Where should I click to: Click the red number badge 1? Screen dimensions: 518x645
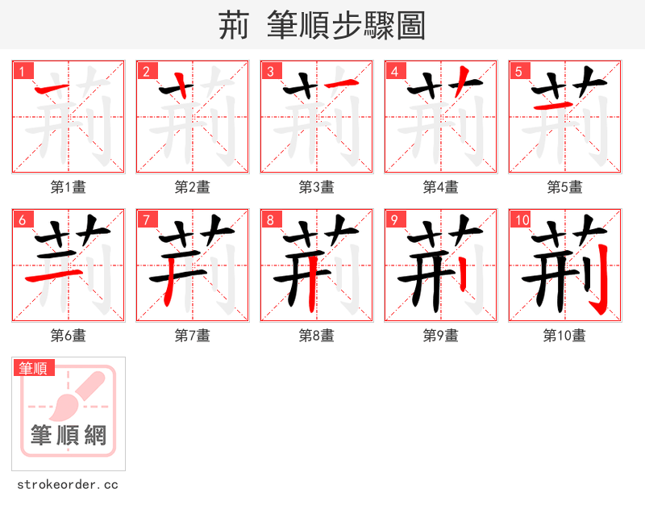[x=23, y=71]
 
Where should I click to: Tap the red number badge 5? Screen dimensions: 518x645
[x=519, y=71]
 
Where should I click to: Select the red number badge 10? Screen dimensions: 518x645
[x=522, y=219]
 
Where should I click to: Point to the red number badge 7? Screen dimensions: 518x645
[x=147, y=219]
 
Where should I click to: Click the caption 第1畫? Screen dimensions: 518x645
[x=69, y=187]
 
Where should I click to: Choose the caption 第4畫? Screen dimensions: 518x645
[x=441, y=187]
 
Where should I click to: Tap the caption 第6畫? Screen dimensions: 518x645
[x=69, y=336]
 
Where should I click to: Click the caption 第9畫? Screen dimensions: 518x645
[x=441, y=336]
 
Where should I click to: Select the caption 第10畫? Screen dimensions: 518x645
[x=564, y=336]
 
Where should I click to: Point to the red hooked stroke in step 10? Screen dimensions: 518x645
[x=599, y=282]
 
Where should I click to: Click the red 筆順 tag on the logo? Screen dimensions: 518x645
[x=34, y=368]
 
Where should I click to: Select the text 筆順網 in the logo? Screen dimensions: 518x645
[x=69, y=436]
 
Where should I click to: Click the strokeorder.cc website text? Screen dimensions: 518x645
[x=68, y=485]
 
